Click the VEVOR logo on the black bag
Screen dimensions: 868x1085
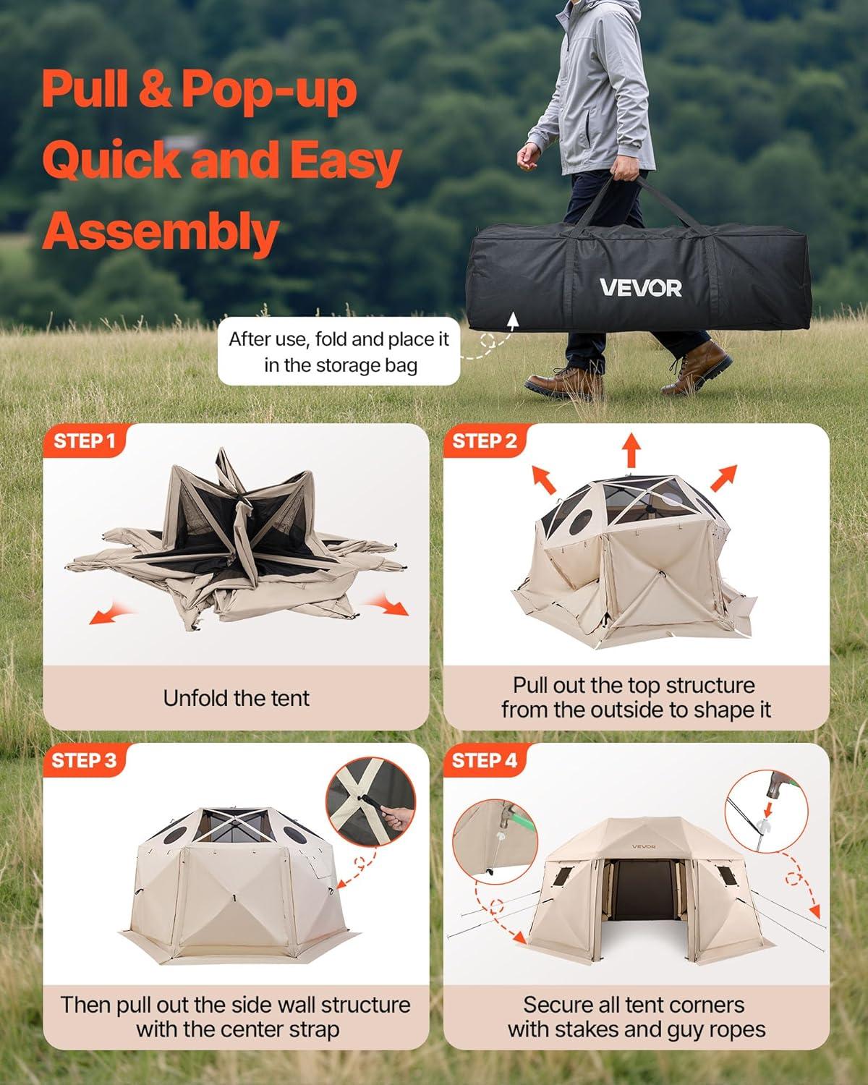point(641,287)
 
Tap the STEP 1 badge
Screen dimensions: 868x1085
point(85,441)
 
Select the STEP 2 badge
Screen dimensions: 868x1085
point(485,441)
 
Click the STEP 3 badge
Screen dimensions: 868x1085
point(84,761)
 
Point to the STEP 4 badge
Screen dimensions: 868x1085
point(485,761)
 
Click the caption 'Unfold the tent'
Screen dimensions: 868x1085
point(236,698)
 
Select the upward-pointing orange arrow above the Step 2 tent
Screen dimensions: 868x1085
point(631,451)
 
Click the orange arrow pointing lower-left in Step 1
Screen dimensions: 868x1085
point(110,613)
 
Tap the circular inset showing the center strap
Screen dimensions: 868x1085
point(370,801)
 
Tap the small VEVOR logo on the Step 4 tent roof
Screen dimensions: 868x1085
point(644,846)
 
